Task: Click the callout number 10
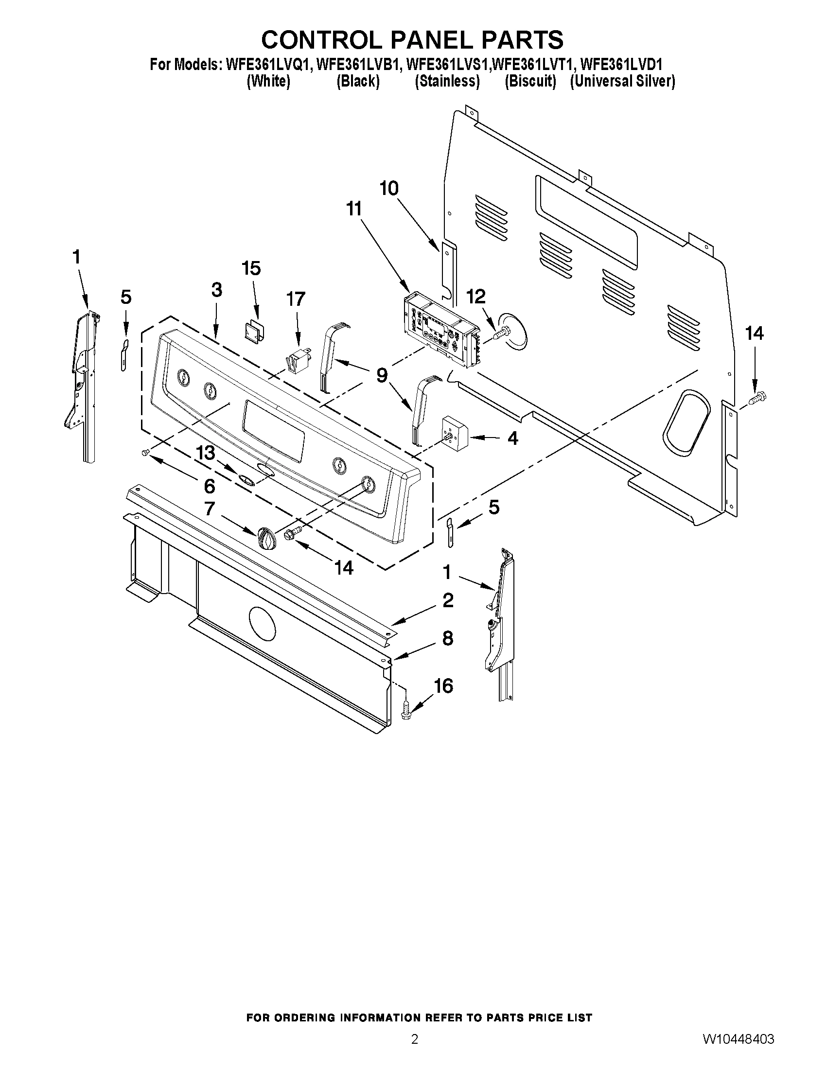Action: (389, 189)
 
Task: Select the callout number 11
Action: (354, 209)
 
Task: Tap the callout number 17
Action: (296, 299)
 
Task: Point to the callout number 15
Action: (251, 268)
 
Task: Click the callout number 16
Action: (443, 686)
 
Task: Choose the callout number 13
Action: (205, 453)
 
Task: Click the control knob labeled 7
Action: (265, 540)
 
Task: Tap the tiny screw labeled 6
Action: (145, 454)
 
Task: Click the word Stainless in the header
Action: (447, 81)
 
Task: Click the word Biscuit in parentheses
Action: (530, 81)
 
